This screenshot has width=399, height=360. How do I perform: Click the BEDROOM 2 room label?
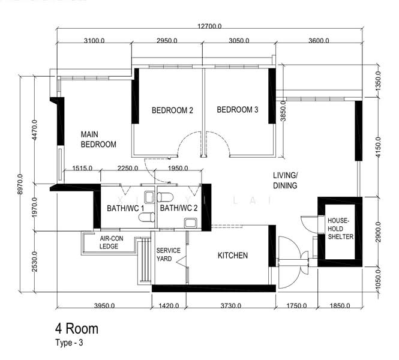point(172,110)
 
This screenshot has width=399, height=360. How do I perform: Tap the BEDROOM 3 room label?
point(238,110)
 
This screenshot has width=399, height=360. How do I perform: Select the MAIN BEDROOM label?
point(98,139)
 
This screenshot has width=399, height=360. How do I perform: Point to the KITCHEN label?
point(233,256)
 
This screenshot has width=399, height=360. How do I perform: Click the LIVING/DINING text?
point(285,181)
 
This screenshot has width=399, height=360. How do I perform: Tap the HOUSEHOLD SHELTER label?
point(340,229)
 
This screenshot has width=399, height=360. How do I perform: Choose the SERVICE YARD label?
point(168,254)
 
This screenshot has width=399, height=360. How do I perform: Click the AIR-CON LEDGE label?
point(111,242)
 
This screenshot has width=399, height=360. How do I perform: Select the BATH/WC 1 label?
point(125,208)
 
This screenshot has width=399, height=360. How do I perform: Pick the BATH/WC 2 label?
point(179,208)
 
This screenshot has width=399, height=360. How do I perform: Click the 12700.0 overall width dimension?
point(209,26)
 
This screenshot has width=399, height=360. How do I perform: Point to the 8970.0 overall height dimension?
point(20,184)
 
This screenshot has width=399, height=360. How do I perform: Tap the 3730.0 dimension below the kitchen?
point(230,305)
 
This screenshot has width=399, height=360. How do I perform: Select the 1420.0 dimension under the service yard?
point(169,305)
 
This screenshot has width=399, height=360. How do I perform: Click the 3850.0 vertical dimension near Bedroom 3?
point(283,110)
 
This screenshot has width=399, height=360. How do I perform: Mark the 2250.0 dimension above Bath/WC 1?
point(128,168)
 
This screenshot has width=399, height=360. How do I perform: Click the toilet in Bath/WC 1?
point(147,217)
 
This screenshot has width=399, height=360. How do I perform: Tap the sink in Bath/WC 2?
point(190,223)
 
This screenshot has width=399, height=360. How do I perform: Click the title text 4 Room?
point(77,328)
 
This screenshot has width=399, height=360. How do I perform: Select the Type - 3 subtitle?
point(69,343)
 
